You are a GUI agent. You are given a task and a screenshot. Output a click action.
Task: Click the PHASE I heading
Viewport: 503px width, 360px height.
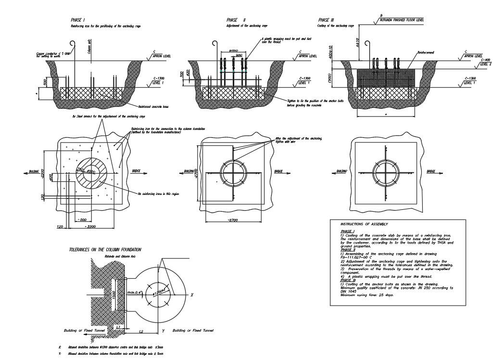[x=78, y=20]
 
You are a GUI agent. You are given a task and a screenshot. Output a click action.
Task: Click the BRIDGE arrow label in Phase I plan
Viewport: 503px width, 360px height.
[x=137, y=171]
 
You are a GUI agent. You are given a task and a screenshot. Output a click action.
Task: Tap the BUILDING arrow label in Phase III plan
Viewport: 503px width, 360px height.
[x=341, y=171]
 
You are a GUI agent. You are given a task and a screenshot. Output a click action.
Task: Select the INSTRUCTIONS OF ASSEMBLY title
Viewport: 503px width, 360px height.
[x=364, y=224]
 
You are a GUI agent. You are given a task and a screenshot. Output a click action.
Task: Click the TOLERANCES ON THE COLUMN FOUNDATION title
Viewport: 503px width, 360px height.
[x=105, y=250]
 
